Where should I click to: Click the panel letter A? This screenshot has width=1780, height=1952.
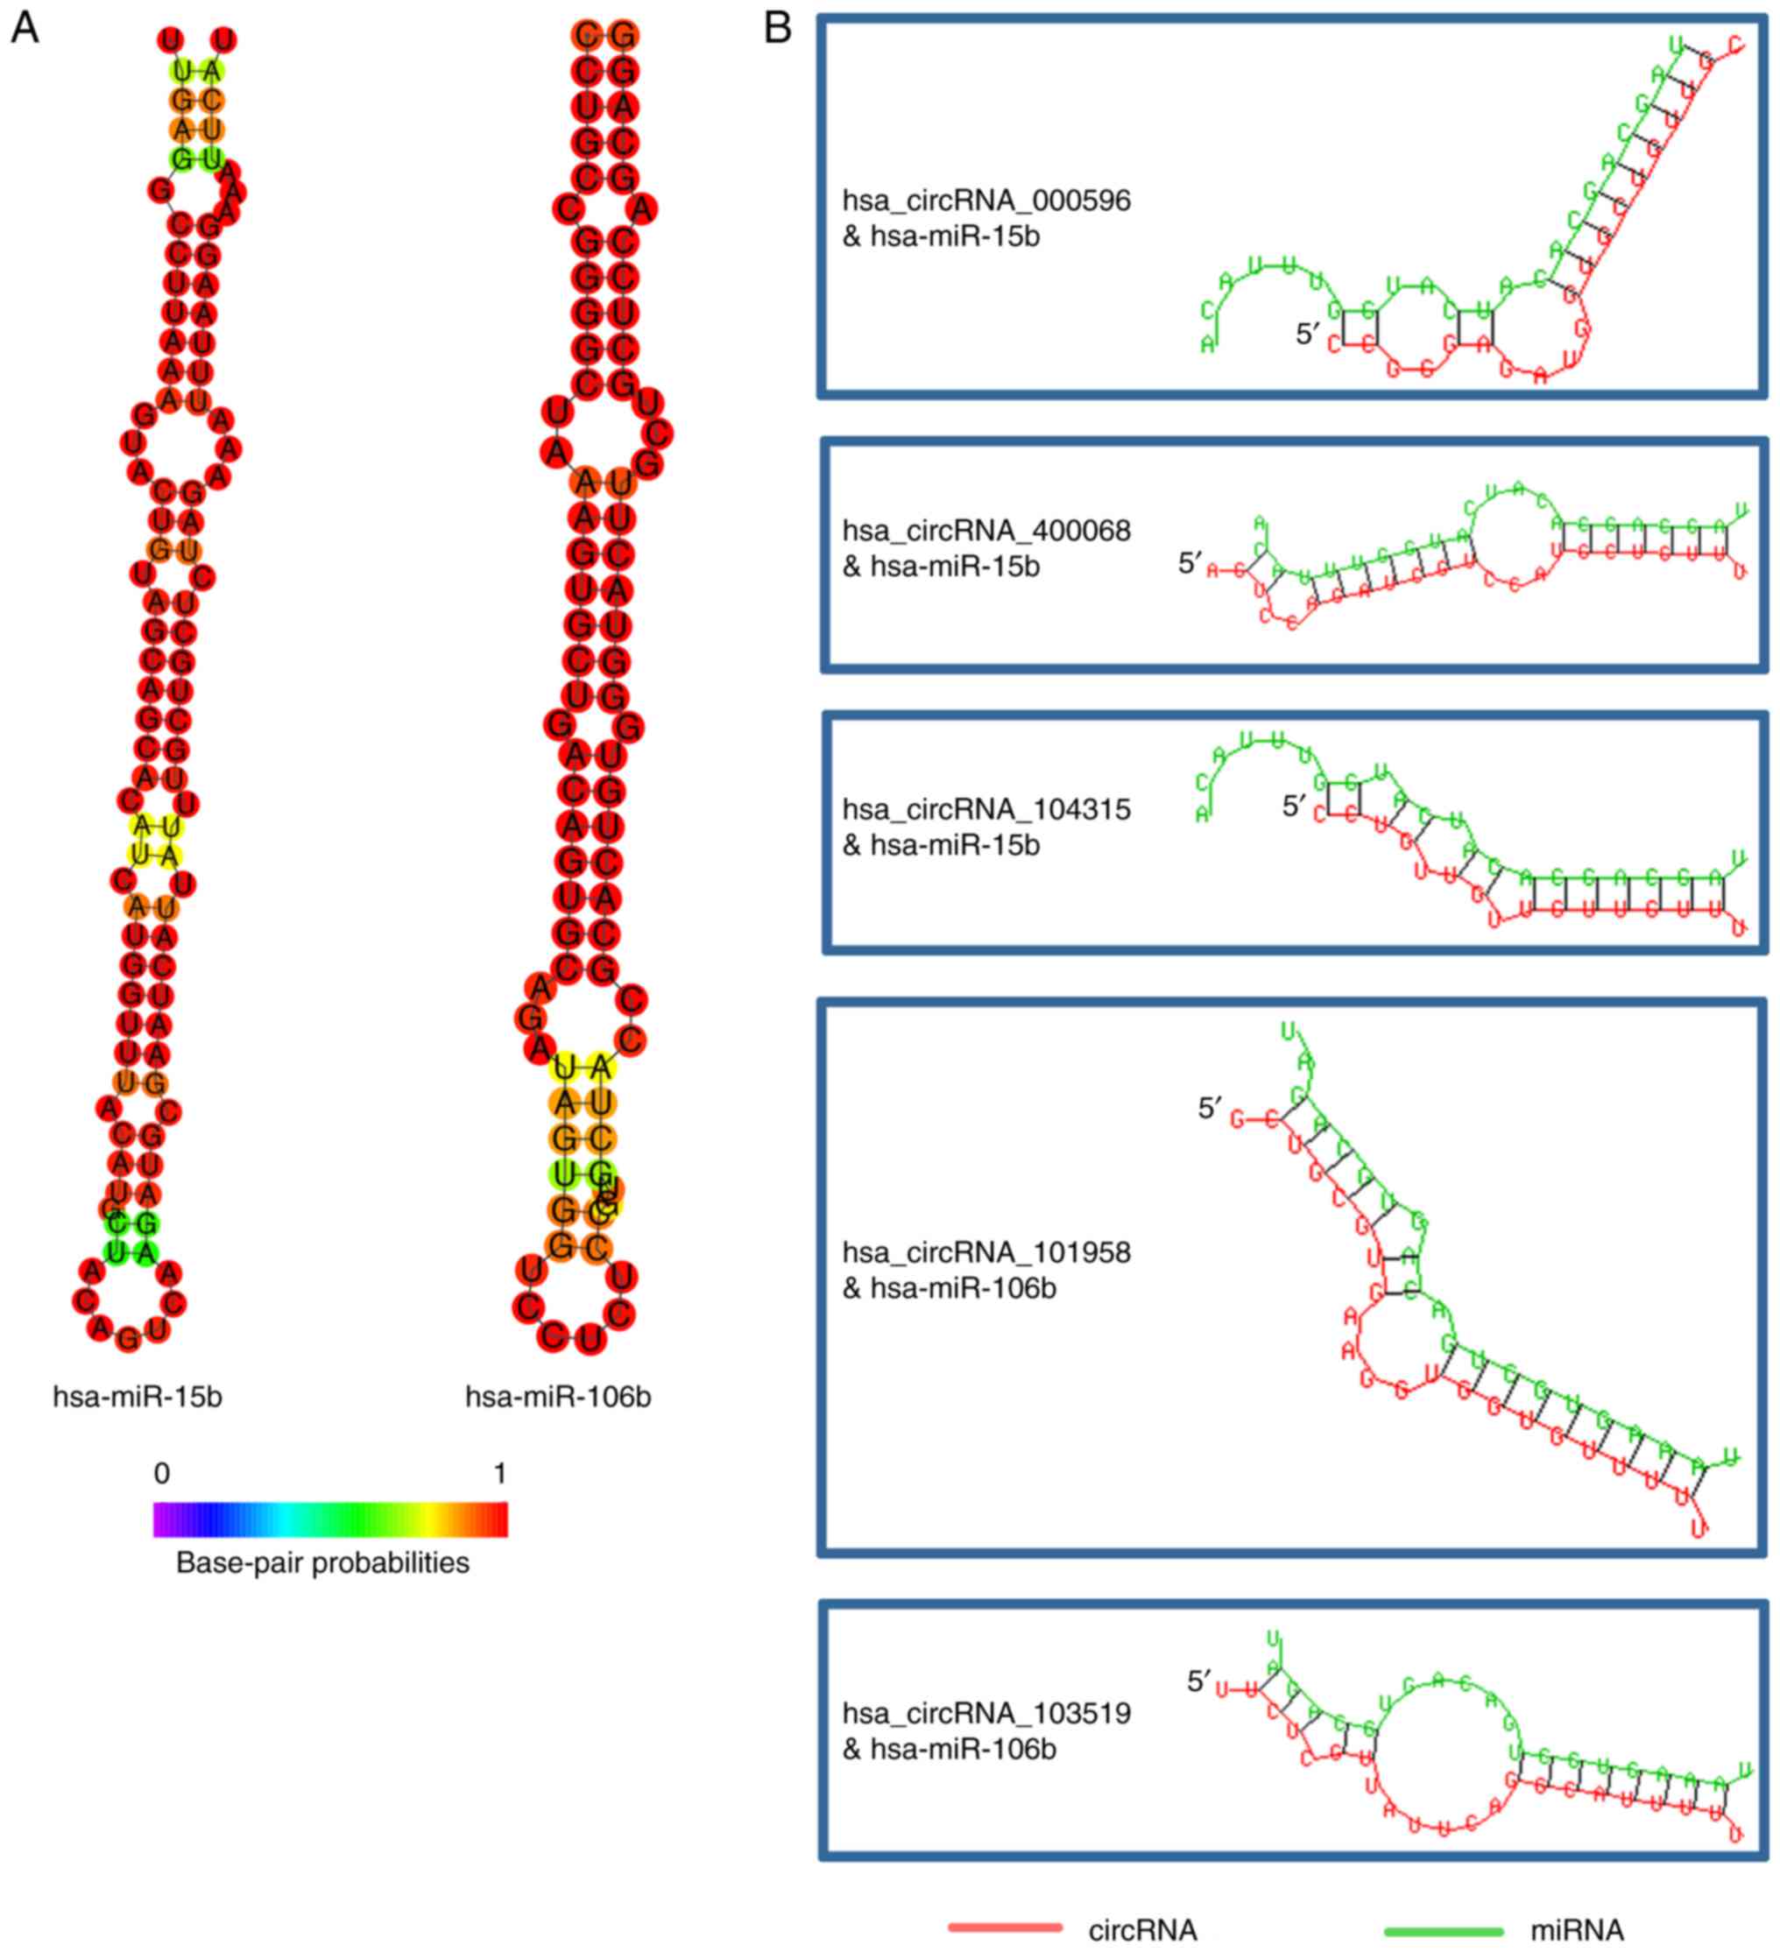point(25,28)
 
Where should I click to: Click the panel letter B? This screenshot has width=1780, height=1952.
point(778,28)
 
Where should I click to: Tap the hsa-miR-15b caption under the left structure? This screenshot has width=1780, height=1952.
point(138,1397)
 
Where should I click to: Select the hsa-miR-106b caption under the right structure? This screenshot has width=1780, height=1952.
point(558,1397)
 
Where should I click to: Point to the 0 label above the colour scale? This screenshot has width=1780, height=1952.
point(162,1473)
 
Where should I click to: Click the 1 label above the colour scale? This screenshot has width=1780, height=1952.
point(499,1473)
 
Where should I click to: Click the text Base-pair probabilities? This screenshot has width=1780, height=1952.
point(322,1563)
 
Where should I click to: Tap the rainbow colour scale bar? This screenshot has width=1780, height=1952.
point(330,1519)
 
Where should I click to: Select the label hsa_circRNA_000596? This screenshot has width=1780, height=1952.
point(985,201)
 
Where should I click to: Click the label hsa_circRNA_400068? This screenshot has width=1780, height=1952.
point(985,531)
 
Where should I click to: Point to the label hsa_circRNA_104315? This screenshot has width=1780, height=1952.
point(985,809)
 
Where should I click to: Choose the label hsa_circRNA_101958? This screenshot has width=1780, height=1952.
point(985,1252)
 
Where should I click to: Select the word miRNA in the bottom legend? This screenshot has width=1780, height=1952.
point(1576,1930)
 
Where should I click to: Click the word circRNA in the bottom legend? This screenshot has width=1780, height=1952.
point(1143,1930)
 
